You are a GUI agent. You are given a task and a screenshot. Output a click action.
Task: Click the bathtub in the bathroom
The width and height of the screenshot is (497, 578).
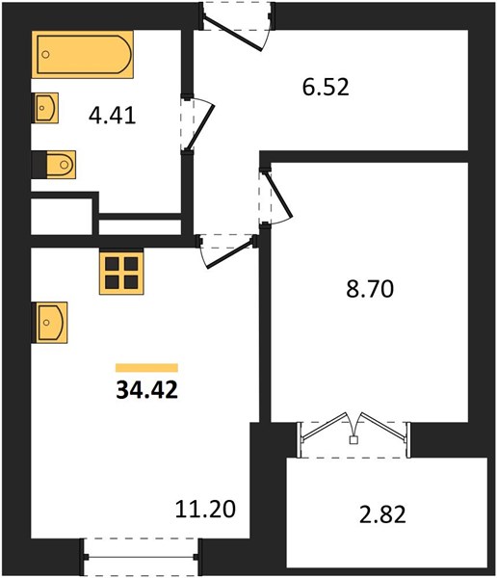[82, 55]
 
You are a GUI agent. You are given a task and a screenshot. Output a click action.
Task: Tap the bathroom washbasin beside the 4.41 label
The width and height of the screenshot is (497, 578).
[45, 108]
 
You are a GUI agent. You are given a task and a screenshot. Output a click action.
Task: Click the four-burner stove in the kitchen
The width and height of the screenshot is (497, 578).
[121, 274]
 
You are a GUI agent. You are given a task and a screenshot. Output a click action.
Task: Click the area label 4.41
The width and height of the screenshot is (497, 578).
[113, 116]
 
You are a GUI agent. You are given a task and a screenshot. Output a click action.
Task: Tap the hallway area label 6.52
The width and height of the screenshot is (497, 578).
[326, 88]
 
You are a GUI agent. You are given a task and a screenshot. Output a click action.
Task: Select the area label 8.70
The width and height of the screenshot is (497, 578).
[370, 289]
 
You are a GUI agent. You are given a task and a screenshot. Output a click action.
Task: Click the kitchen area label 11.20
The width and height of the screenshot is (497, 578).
[205, 509]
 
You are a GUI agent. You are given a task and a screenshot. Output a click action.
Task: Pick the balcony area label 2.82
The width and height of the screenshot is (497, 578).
[382, 514]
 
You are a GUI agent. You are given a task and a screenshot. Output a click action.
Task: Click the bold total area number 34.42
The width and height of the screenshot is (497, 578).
[147, 389]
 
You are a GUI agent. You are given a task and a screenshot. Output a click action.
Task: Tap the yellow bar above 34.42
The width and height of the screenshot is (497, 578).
[146, 368]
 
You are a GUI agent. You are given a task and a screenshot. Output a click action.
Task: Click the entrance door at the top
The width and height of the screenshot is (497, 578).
[237, 26]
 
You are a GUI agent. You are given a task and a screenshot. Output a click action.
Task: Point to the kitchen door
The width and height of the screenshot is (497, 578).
[226, 250]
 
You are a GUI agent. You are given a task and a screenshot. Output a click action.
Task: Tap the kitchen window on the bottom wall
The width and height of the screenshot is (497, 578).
[141, 557]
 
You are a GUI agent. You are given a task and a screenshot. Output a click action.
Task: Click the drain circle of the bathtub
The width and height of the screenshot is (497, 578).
[45, 55]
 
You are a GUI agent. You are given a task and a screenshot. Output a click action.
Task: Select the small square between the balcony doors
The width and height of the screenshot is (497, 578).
[353, 440]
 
